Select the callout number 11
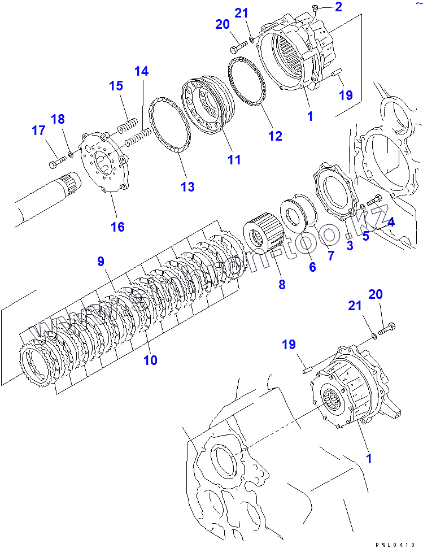pos(234,160)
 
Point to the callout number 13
pos(187,186)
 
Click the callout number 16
pos(117,227)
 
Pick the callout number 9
pos(101,261)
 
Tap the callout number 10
pos(150,360)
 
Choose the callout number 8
pos(282,285)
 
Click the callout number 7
pos(331,256)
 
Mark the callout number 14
pos(141,71)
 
